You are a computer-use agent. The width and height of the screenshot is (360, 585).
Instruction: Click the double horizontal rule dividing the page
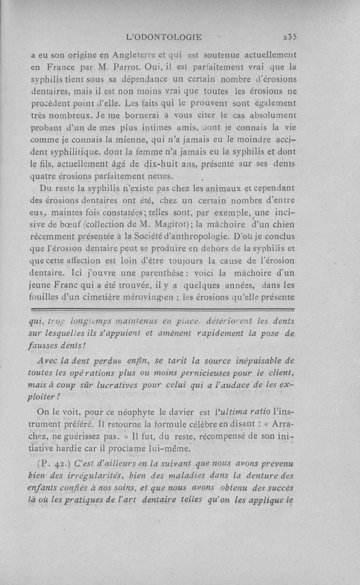point(162,310)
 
